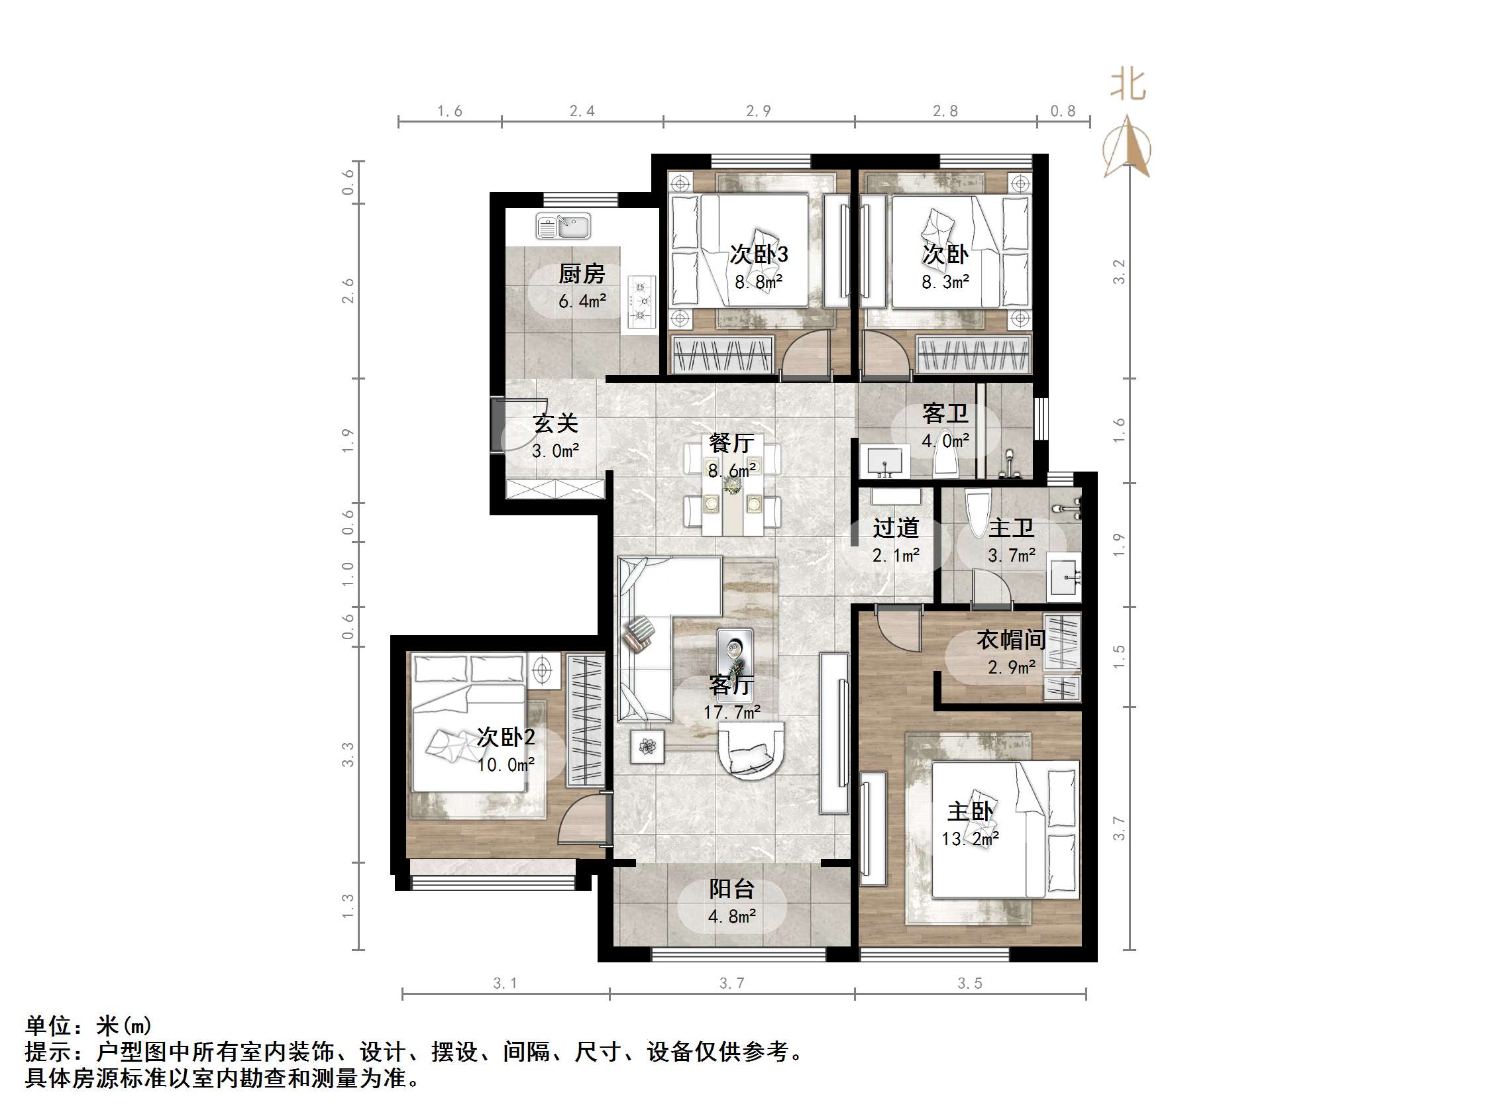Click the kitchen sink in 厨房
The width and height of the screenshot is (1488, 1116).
[x=563, y=227]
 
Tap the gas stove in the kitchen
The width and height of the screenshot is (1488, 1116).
[x=642, y=301]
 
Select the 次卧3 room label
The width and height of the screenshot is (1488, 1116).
[x=759, y=254]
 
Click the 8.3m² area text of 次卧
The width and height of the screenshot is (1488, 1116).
[x=945, y=283]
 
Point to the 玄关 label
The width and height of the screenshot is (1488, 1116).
[x=556, y=423]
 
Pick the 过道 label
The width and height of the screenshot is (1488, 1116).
[x=895, y=528]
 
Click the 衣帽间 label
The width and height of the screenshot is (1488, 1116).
[x=1010, y=640]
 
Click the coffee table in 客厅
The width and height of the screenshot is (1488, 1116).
[x=735, y=654]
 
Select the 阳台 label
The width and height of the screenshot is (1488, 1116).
[x=732, y=889]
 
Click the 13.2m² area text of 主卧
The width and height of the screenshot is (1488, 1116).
[x=970, y=839]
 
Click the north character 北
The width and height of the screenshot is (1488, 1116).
[x=1128, y=85]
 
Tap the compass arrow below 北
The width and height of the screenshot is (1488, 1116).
[x=1128, y=148]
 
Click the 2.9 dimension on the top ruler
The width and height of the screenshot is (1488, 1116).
[x=758, y=111]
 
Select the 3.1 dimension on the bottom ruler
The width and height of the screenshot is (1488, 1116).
[x=505, y=984]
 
